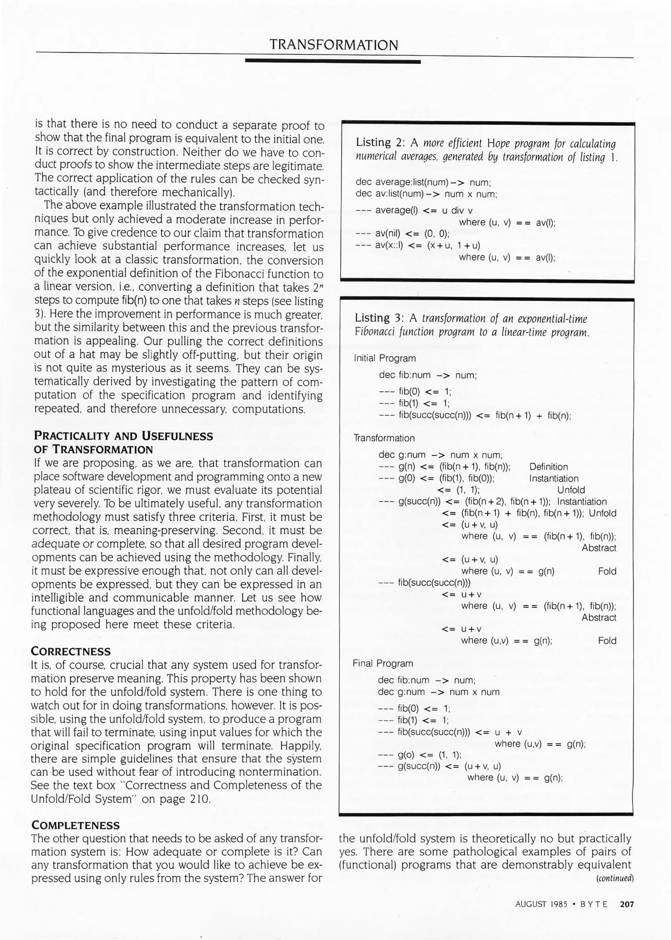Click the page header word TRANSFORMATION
334,45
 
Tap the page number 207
627,904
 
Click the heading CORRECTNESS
71,651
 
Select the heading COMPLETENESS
75,826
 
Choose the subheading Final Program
382,663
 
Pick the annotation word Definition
548,467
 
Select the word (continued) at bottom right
614,878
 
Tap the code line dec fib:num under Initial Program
428,375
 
